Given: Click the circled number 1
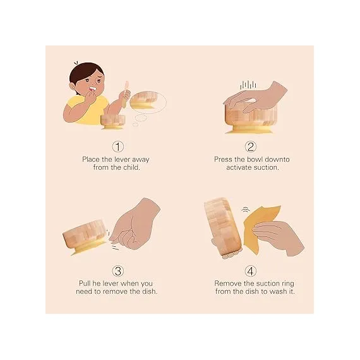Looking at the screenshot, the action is tap(117, 147).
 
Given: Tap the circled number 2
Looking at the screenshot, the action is tap(251, 147).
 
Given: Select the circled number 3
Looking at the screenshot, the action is tap(117, 271).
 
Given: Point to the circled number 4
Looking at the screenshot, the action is tap(251, 271).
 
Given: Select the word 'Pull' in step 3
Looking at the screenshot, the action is tap(85, 284).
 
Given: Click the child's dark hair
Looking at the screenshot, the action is tap(85, 71).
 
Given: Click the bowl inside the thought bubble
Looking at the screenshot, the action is tap(144, 100).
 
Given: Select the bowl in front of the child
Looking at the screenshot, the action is tap(112, 122).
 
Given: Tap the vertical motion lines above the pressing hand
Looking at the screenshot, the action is tap(248, 85).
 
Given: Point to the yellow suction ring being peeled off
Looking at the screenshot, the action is tap(261, 229).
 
